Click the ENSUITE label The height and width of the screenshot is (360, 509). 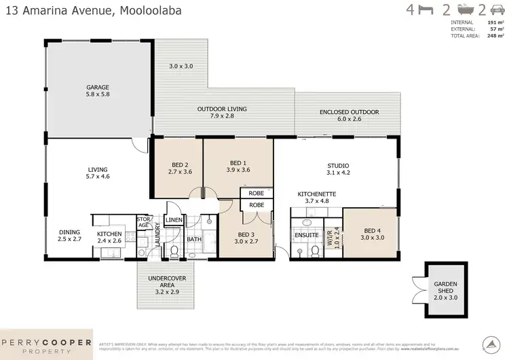click(307, 235)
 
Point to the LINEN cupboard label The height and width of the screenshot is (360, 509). click(174, 219)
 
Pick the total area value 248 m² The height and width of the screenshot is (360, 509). click(495, 36)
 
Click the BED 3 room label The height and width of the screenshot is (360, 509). click(246, 236)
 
